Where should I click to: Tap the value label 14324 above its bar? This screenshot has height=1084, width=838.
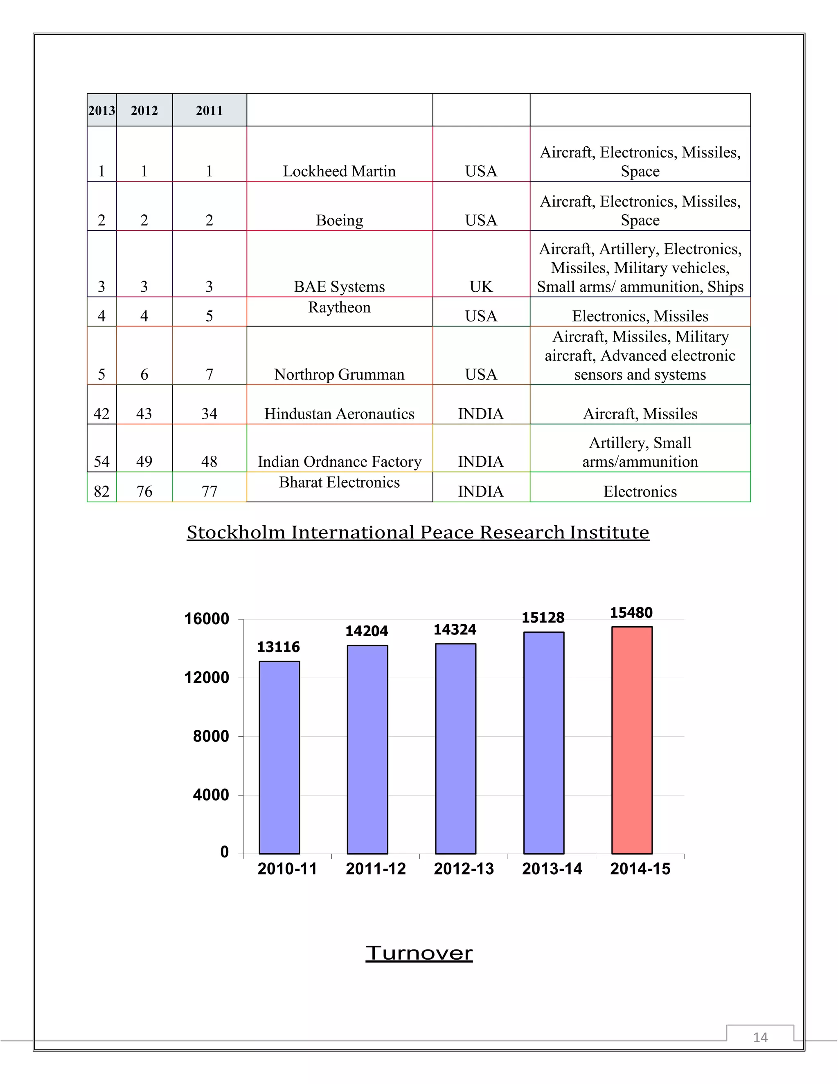click(x=455, y=630)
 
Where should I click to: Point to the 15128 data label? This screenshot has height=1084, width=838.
click(x=543, y=618)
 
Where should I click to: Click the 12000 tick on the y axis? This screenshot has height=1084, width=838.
click(x=207, y=677)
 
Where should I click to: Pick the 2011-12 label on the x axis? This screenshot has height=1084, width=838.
click(x=375, y=868)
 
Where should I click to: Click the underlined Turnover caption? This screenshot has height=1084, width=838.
click(x=419, y=953)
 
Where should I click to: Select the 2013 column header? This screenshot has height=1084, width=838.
click(x=102, y=110)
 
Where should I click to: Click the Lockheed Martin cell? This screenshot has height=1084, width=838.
click(x=339, y=171)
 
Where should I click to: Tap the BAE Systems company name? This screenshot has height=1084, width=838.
click(x=339, y=286)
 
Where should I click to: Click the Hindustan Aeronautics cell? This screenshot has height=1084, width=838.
click(x=339, y=414)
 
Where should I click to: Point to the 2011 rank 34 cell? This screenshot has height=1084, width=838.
click(x=209, y=414)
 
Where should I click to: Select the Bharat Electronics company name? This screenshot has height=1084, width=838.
click(x=339, y=482)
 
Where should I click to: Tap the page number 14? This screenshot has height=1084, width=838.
click(x=760, y=1037)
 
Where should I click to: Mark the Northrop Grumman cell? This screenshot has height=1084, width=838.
click(x=339, y=374)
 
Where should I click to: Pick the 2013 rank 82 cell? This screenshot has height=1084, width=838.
click(x=102, y=491)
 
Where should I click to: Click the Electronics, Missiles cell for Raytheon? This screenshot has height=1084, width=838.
click(x=640, y=316)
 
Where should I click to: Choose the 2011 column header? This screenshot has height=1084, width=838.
click(x=209, y=110)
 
